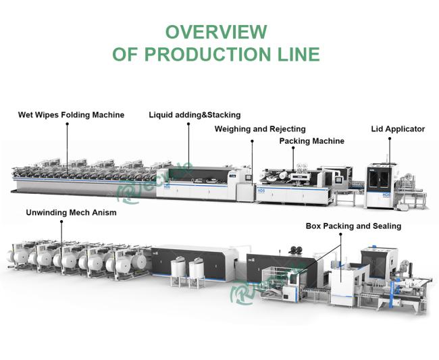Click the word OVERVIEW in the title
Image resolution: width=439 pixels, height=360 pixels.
pyautogui.click(x=216, y=32)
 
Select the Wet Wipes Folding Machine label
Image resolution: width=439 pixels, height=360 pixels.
pyautogui.click(x=71, y=115)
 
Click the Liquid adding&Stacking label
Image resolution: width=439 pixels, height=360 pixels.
pyautogui.click(x=195, y=115)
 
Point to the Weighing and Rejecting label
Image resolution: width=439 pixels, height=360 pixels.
pyautogui.click(x=260, y=128)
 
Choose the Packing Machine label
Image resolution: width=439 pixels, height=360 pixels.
pyautogui.click(x=312, y=141)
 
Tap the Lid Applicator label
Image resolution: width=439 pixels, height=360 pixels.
pyautogui.click(x=398, y=128)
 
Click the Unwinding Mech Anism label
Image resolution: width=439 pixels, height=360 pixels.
pyautogui.click(x=71, y=212)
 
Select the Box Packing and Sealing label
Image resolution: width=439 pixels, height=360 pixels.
pyautogui.click(x=353, y=226)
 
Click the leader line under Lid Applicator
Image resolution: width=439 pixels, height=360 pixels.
pyautogui.click(x=390, y=150)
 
